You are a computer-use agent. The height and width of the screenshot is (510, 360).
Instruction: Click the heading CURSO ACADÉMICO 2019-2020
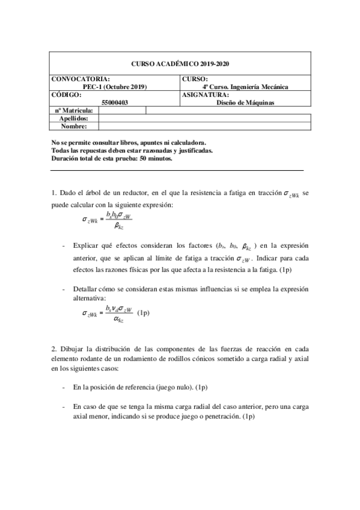coord(180,64)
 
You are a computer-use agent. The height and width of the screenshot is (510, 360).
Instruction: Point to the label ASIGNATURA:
coord(204,94)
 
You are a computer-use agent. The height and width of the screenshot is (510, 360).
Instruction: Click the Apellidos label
coord(74,118)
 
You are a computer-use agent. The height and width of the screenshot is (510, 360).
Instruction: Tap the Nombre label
coord(74,126)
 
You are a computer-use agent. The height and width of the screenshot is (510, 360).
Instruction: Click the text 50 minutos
coord(156,159)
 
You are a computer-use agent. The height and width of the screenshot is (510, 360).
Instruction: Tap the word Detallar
coord(88,289)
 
